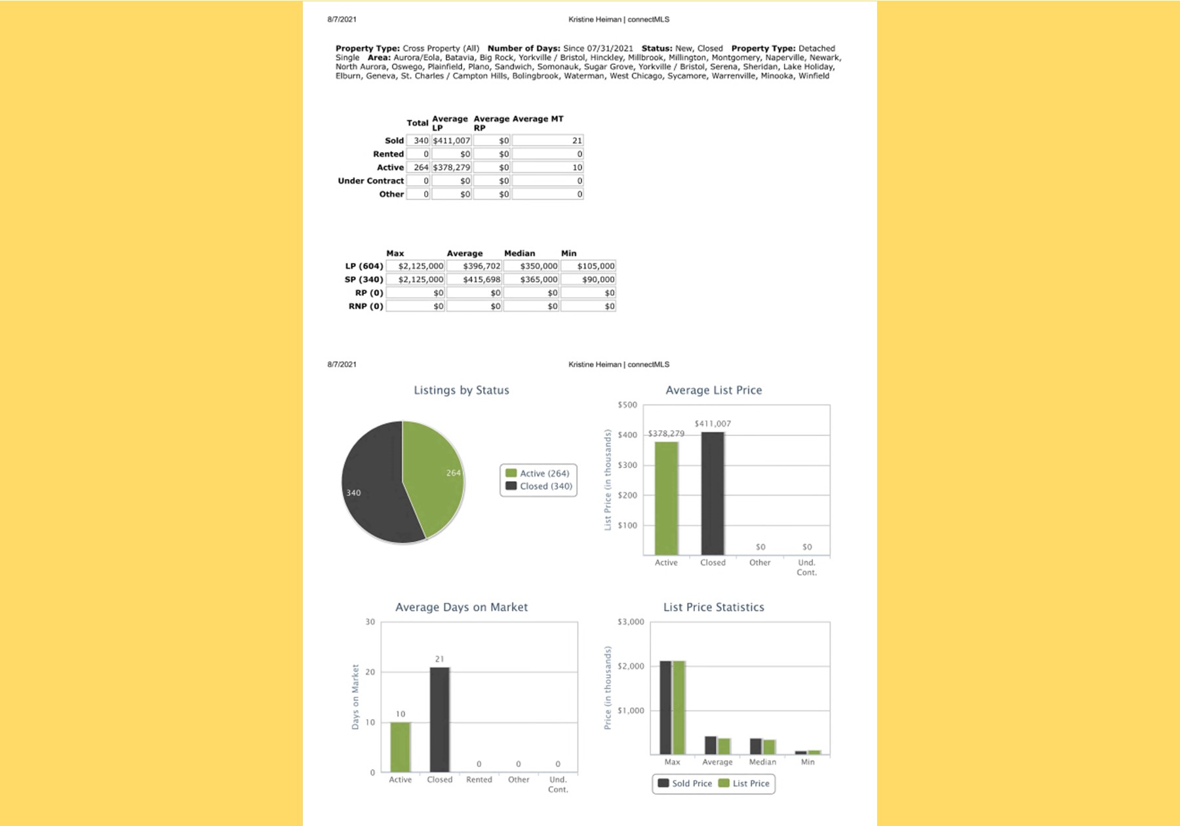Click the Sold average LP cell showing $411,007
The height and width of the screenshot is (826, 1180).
452,141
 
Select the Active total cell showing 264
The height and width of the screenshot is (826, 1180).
418,168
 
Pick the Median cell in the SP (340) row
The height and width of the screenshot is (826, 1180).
532,280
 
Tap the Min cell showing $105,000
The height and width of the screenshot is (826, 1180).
589,266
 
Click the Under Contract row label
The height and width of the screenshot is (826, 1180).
370,181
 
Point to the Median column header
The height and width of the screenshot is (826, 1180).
519,254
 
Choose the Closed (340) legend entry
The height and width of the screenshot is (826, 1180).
539,486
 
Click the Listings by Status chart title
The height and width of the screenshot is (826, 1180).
462,391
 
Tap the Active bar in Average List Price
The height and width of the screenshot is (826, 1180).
666,498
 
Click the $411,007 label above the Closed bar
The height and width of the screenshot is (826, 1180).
713,424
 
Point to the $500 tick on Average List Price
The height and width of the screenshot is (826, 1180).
627,405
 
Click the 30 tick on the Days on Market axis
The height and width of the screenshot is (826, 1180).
370,622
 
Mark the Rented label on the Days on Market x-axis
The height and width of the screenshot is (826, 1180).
479,780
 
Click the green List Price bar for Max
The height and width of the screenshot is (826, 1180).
679,707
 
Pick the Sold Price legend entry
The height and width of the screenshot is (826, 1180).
685,784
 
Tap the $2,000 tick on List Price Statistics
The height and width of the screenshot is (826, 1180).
631,667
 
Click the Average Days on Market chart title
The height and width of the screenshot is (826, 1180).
462,608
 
